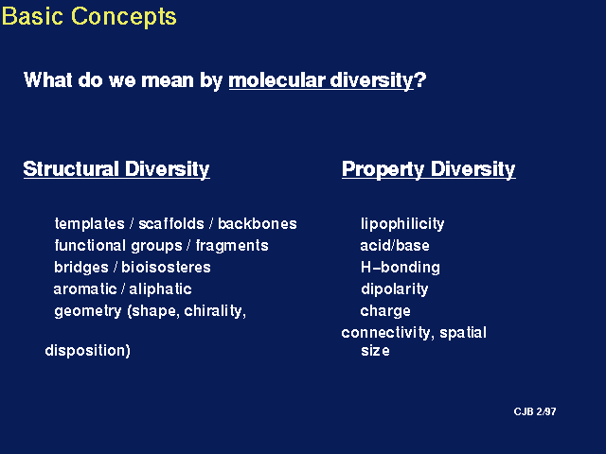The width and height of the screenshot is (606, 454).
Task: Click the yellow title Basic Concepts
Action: coord(89,17)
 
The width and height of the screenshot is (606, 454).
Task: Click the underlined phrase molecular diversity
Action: coord(321,80)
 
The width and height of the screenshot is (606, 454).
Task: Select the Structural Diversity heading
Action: coord(116,169)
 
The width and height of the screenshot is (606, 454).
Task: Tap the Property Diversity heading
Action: coord(429,169)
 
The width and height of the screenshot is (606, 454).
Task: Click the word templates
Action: coord(89,223)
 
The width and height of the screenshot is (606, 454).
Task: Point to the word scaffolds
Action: coord(171,223)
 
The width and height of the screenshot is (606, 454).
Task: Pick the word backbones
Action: coord(258,223)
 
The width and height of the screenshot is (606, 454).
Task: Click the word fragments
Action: coord(232,246)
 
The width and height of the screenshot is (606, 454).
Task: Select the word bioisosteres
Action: coord(167,267)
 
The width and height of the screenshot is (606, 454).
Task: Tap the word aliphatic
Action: coord(160,289)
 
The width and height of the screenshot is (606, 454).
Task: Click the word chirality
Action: coord(215,311)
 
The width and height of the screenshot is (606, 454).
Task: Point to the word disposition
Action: coord(87,351)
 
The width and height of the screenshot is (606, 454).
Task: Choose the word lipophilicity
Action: coord(402,224)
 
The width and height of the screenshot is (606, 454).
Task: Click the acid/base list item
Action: coord(395,246)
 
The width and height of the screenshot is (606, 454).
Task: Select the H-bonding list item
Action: coord(400,268)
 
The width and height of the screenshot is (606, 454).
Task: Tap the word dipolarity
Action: coord(394,289)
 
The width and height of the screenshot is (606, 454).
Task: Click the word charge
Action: coord(385,311)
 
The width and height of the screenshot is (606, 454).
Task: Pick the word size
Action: coord(375,351)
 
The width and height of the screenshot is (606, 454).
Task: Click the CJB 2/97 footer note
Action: coord(535,411)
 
